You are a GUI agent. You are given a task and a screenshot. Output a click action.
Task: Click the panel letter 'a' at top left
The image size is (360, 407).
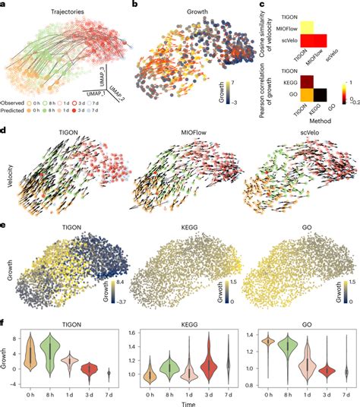click(x=5, y=6)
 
